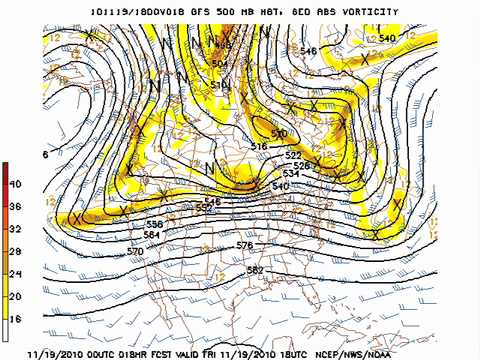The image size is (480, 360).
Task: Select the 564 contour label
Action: pos(151,235)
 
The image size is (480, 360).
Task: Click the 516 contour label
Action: pos(259,147)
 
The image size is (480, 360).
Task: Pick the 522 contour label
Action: pos(293,155)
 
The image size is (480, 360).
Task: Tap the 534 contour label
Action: pos(291,174)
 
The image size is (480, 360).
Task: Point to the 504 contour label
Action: pos(219,63)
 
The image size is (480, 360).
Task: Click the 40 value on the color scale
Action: pos(15,185)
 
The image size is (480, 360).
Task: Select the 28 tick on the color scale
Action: pos(15,251)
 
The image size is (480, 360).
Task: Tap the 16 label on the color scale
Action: pos(15,318)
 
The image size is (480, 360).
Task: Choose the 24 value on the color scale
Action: pos(15,274)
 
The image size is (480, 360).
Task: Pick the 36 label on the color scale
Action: pos(15,207)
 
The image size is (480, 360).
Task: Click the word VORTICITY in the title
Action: pos(368,12)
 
